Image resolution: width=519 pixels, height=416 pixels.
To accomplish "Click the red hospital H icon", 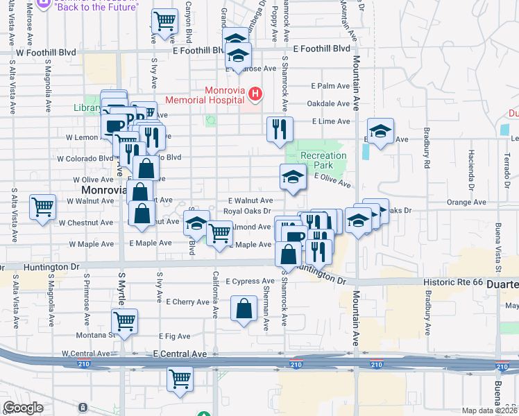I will point(256,94).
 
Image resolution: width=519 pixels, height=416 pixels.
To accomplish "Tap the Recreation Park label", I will point(323,162).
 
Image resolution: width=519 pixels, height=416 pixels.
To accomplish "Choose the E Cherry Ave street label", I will point(187,302).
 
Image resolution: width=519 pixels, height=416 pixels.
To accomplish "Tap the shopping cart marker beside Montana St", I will point(125,320).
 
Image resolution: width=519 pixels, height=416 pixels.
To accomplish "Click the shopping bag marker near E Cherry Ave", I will point(244,309).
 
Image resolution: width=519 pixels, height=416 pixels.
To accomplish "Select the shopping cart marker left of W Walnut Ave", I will point(42,206).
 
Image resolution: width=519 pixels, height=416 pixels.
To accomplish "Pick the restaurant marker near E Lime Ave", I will point(280,128).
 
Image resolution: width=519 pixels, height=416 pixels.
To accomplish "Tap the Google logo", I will point(23,408).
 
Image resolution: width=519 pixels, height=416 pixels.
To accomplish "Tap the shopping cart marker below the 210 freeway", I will point(180,379).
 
